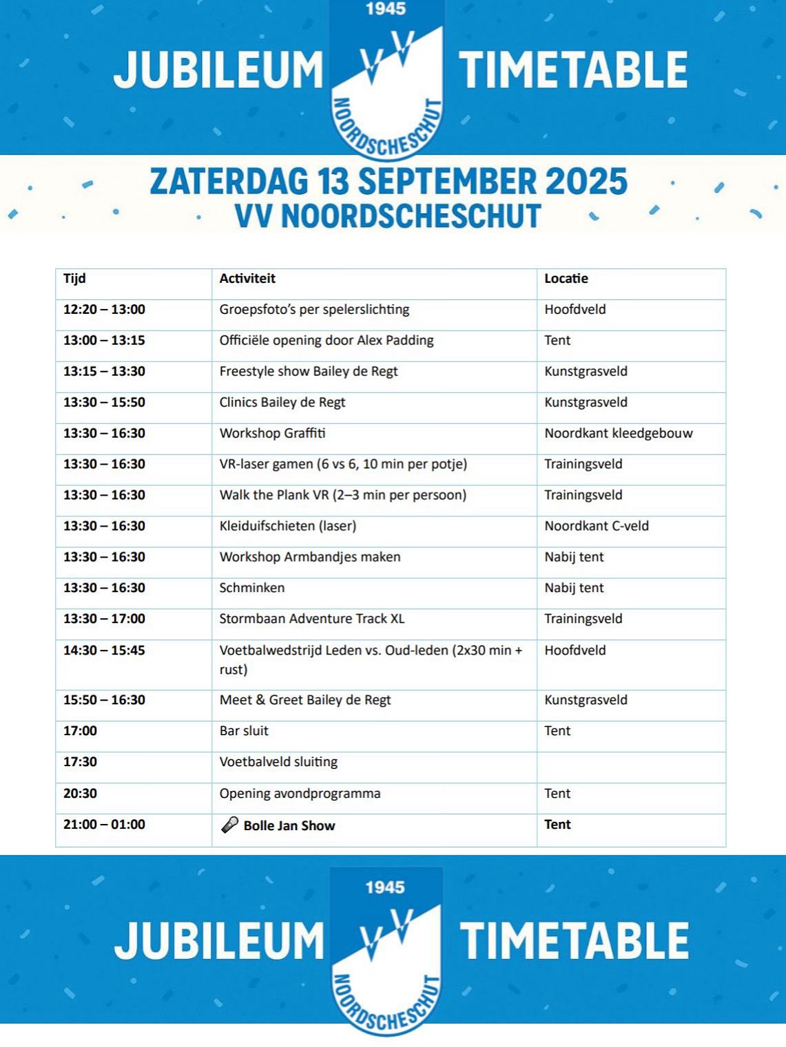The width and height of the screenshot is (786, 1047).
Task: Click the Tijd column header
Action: click(74, 279)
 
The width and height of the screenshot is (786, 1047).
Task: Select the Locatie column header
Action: click(566, 279)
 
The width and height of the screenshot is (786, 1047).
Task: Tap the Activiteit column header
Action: click(247, 279)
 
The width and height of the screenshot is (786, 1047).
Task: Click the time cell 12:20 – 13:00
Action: click(104, 310)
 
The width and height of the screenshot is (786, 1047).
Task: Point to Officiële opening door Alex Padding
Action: click(327, 341)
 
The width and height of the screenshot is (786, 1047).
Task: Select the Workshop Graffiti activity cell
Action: click(272, 434)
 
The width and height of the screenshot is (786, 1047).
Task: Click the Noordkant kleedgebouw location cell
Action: click(619, 434)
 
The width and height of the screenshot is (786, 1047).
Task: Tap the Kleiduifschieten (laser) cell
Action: click(288, 527)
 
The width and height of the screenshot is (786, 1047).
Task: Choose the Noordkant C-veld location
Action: click(597, 527)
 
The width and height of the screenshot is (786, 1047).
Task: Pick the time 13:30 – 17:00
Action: click(104, 620)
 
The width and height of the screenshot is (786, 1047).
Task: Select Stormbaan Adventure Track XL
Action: click(312, 620)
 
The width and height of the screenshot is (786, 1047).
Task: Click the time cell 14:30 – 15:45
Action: click(104, 651)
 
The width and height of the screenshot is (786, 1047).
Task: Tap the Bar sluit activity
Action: click(244, 731)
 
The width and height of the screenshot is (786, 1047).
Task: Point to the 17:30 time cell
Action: click(80, 762)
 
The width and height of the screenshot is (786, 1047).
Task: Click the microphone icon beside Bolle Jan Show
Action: click(229, 825)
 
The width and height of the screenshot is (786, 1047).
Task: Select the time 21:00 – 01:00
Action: click(104, 825)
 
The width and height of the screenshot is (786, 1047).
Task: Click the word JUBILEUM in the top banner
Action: click(218, 70)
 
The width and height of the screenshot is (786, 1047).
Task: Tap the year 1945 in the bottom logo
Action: click(385, 887)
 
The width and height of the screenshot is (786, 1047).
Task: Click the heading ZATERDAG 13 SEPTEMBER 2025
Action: click(389, 182)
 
